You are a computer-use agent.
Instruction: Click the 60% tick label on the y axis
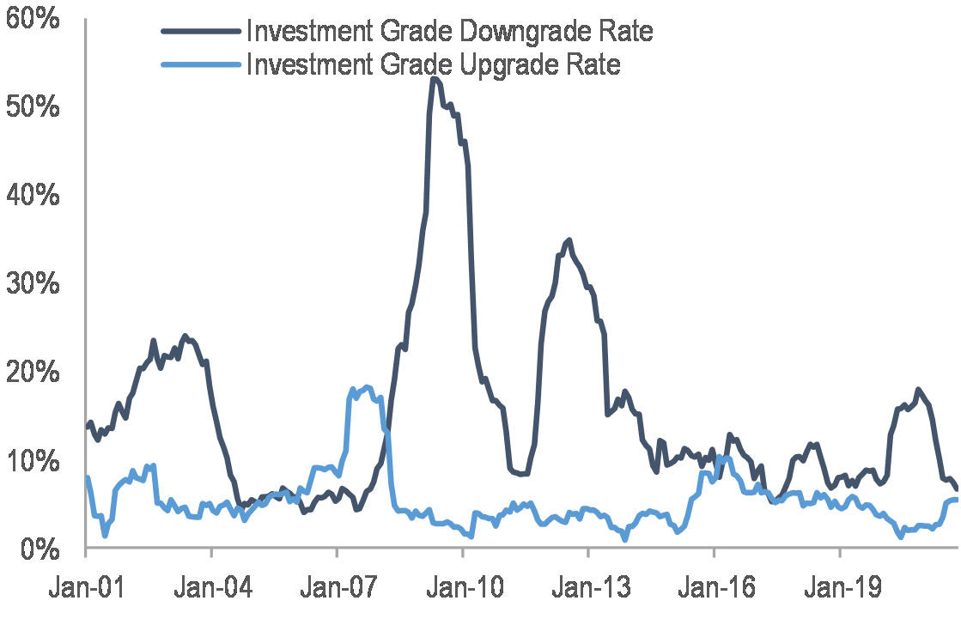coord(32,18)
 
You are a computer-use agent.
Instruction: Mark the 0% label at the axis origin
coord(40,549)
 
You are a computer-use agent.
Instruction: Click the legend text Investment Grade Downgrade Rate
coord(449,32)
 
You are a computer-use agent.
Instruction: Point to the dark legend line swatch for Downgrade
coord(200,32)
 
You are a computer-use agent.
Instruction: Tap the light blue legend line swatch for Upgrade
coord(200,64)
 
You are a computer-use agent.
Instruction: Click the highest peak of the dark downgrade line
coord(434,79)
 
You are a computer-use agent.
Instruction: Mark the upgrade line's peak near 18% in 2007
coord(368,387)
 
